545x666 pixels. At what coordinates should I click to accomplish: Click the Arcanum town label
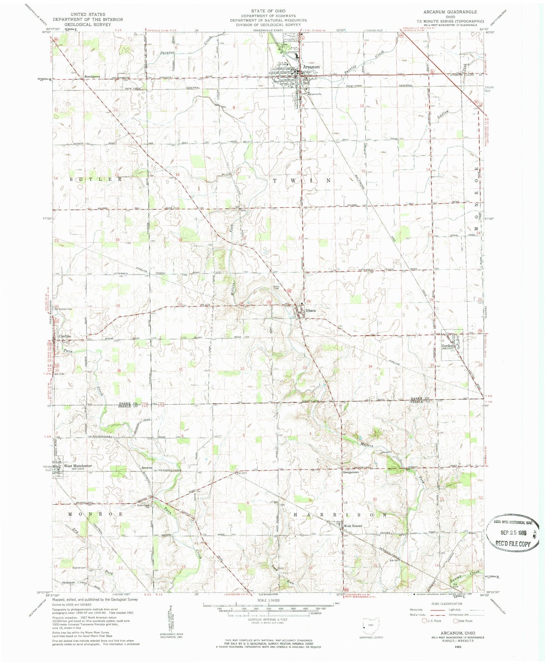(311, 67)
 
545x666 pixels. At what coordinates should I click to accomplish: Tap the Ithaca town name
(311, 310)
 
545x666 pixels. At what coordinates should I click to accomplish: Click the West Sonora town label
(353, 526)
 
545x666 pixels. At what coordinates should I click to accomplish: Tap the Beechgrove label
(92, 76)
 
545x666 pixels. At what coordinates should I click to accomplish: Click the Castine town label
(65, 336)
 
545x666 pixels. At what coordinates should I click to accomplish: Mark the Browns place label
(146, 468)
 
